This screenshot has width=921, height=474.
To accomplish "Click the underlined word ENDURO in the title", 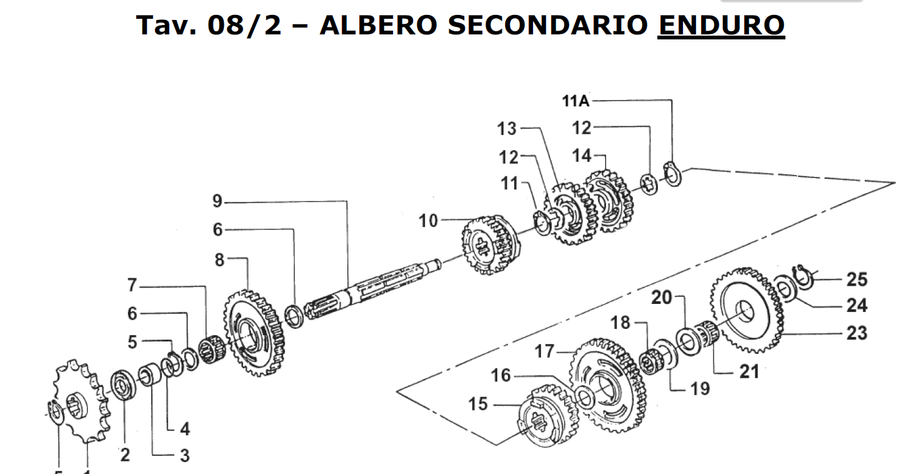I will [721, 24].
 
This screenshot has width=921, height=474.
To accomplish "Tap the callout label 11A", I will [576, 101].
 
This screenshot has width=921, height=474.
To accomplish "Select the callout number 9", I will [217, 201].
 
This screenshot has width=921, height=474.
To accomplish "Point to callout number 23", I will [857, 333].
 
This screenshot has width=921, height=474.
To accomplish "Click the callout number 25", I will [857, 279].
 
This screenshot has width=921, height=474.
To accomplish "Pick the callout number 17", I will [545, 351].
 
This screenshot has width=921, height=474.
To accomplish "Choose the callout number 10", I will [429, 220].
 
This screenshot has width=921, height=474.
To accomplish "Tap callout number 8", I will [219, 260].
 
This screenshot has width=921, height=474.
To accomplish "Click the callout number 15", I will [478, 405].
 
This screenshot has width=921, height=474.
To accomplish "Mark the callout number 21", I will [749, 371].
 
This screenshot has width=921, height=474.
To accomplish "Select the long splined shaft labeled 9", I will [369, 285].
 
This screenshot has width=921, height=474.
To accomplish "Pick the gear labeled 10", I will [488, 244].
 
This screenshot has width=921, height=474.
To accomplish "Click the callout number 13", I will [507, 129].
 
